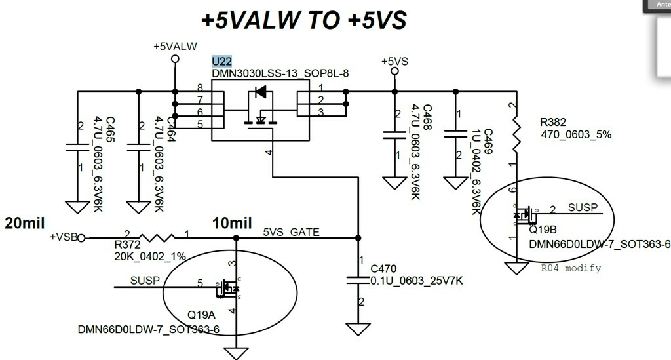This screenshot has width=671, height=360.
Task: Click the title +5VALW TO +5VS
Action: coord(304,20)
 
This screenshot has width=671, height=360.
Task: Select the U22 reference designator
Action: coord(221,61)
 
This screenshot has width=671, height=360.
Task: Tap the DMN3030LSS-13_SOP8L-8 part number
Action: coord(280,73)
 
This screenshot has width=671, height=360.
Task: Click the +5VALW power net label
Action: coord(175,47)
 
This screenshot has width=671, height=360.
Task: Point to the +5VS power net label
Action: coord(394,61)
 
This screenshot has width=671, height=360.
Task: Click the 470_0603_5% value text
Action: coord(576,134)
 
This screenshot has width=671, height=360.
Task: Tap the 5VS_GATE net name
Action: coord(291,232)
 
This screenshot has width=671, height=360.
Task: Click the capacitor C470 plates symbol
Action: coord(359,281)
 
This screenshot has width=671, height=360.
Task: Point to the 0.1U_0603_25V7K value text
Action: coord(417,281)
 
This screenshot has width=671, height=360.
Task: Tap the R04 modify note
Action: coord(570,268)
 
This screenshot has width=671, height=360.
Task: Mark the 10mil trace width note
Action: coord(232,223)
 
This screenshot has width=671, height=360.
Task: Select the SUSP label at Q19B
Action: coord(583,208)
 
